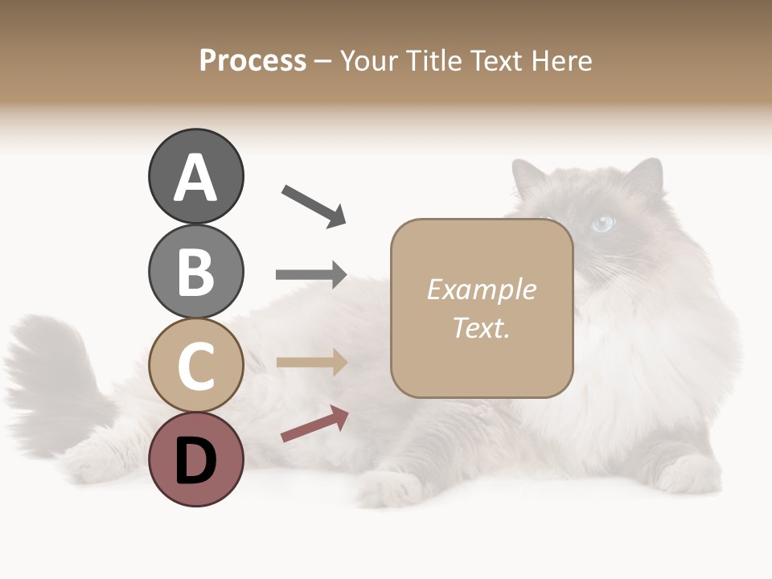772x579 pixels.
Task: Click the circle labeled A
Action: click(195, 176)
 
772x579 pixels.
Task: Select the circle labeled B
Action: click(195, 271)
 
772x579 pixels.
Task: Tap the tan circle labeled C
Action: click(195, 365)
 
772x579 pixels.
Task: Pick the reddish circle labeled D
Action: click(195, 459)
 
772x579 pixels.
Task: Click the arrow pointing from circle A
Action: click(314, 206)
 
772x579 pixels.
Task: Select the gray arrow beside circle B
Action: click(311, 274)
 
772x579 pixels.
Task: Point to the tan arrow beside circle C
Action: click(311, 363)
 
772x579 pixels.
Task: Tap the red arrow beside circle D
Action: click(314, 424)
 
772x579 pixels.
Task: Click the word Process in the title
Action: click(253, 60)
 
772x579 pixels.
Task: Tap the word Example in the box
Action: click(481, 289)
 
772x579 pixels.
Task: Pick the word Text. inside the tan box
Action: click(481, 327)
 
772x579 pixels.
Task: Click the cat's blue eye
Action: click(602, 224)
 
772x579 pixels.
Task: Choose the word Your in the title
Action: click(367, 60)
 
